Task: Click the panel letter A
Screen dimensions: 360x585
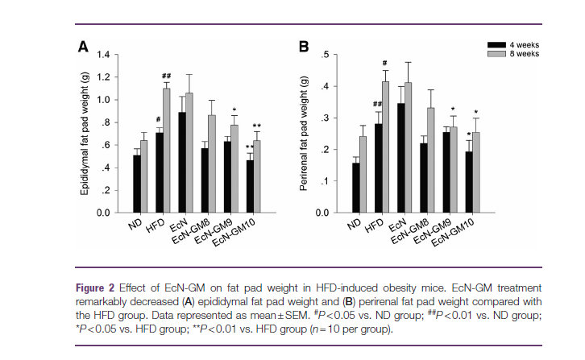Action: tap(82, 48)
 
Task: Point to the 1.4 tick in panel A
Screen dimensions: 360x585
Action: tap(102, 55)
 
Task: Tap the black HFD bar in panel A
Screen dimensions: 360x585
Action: tap(159, 172)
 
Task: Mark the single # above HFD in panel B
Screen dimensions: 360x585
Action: tap(385, 63)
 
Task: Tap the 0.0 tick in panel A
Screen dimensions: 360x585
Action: tap(102, 213)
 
